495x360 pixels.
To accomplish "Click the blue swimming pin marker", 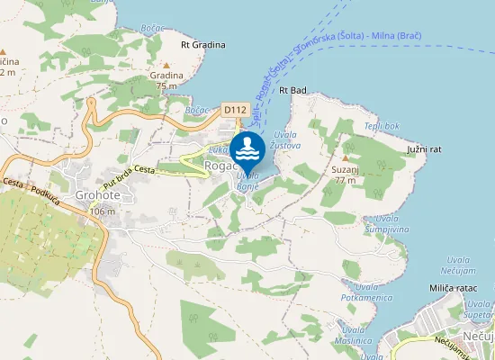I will [247, 149].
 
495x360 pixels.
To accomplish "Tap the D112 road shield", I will [235, 110].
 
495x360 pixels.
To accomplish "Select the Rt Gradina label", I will [201, 43].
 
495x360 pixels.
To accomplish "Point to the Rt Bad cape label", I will [293, 90].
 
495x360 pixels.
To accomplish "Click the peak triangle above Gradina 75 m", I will [166, 64].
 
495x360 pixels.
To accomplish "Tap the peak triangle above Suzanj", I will [345, 157].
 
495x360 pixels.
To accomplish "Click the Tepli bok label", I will [382, 125].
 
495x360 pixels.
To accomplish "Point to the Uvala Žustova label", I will [285, 139].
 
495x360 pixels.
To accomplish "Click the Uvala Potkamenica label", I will [359, 292].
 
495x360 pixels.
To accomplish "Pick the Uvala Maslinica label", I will [353, 336].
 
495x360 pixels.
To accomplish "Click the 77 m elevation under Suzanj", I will [345, 180].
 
